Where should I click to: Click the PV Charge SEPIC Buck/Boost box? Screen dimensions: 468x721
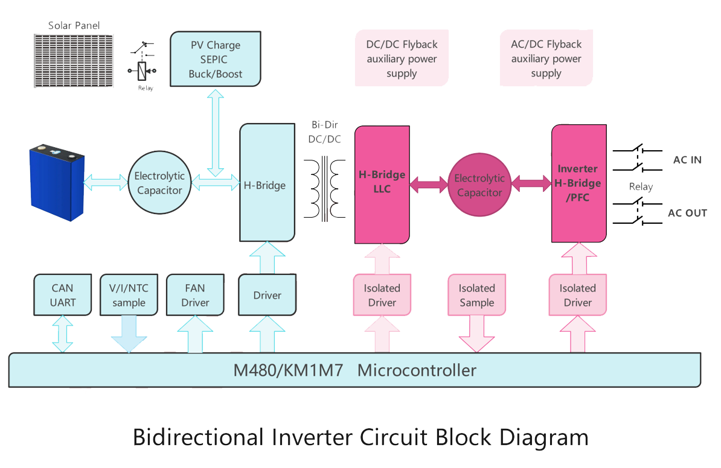(x=216, y=59)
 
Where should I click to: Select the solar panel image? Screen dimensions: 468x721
(x=74, y=60)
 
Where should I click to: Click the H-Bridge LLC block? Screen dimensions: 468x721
(x=382, y=183)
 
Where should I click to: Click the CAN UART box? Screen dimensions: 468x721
(x=63, y=295)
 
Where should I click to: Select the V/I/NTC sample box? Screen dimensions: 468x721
(x=129, y=295)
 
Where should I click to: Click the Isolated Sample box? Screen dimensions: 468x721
(x=476, y=295)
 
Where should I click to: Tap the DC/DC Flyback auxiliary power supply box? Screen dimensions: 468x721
(x=402, y=59)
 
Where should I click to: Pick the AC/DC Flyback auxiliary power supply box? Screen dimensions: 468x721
(x=546, y=59)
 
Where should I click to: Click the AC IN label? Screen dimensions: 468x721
(x=687, y=160)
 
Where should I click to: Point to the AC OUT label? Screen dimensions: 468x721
(x=687, y=213)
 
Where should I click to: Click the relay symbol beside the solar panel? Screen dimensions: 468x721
(x=143, y=65)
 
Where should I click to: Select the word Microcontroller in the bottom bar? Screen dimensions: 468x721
(x=417, y=370)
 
